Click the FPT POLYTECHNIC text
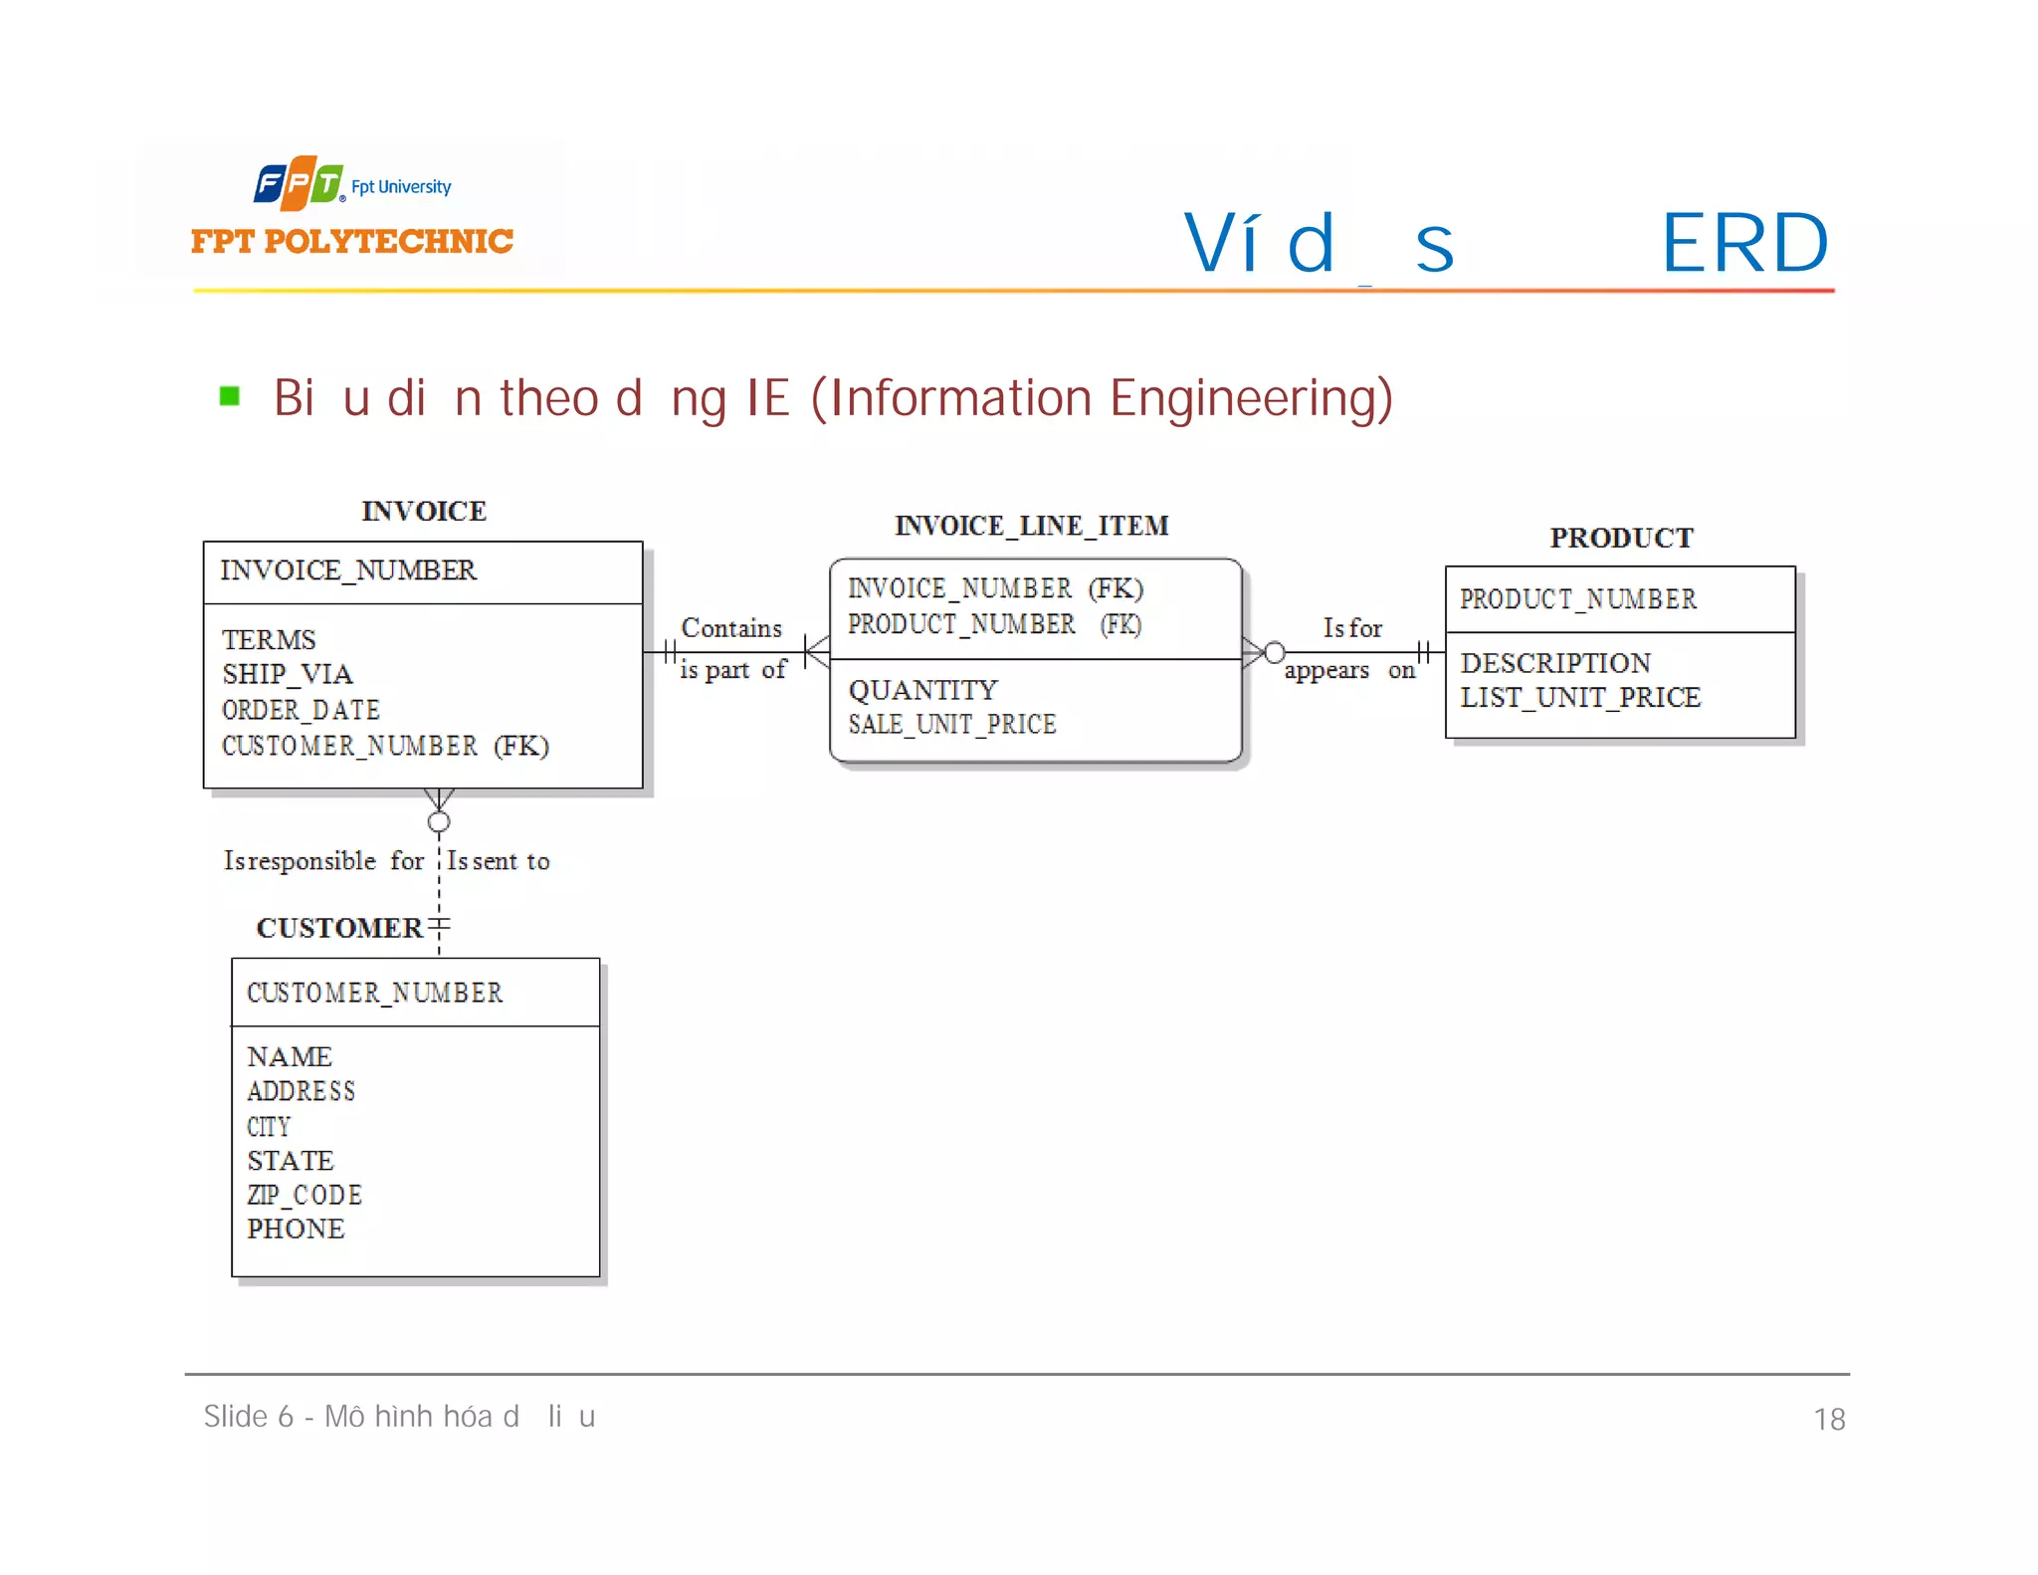click(351, 241)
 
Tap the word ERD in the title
click(1744, 243)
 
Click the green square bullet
click(230, 396)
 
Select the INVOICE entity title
click(423, 511)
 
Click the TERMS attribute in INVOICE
click(269, 639)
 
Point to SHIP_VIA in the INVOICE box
click(288, 674)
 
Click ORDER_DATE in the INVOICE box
click(301, 710)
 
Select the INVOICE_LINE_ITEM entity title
click(1031, 526)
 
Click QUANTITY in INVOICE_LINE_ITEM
click(922, 690)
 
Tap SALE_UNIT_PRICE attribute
click(951, 725)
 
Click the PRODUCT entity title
click(1620, 538)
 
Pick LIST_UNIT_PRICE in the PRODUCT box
click(1580, 697)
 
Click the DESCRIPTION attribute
click(1554, 663)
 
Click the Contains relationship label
click(731, 628)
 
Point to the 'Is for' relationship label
click(1351, 628)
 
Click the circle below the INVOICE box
click(439, 821)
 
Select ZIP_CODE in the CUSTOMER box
click(305, 1195)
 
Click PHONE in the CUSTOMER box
click(296, 1229)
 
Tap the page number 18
click(1828, 1419)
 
